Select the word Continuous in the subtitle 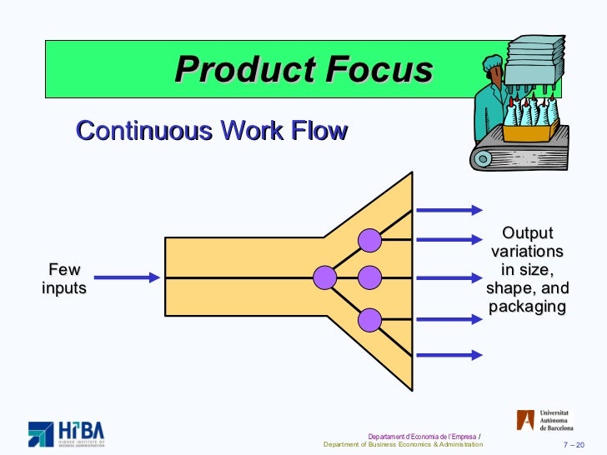(138, 131)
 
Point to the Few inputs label (64, 278)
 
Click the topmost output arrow (449, 209)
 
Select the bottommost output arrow (449, 354)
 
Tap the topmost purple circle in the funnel (369, 240)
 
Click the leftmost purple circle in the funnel (324, 277)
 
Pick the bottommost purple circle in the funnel (369, 318)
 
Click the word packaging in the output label (527, 307)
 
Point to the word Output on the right (527, 233)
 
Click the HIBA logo (67, 432)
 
